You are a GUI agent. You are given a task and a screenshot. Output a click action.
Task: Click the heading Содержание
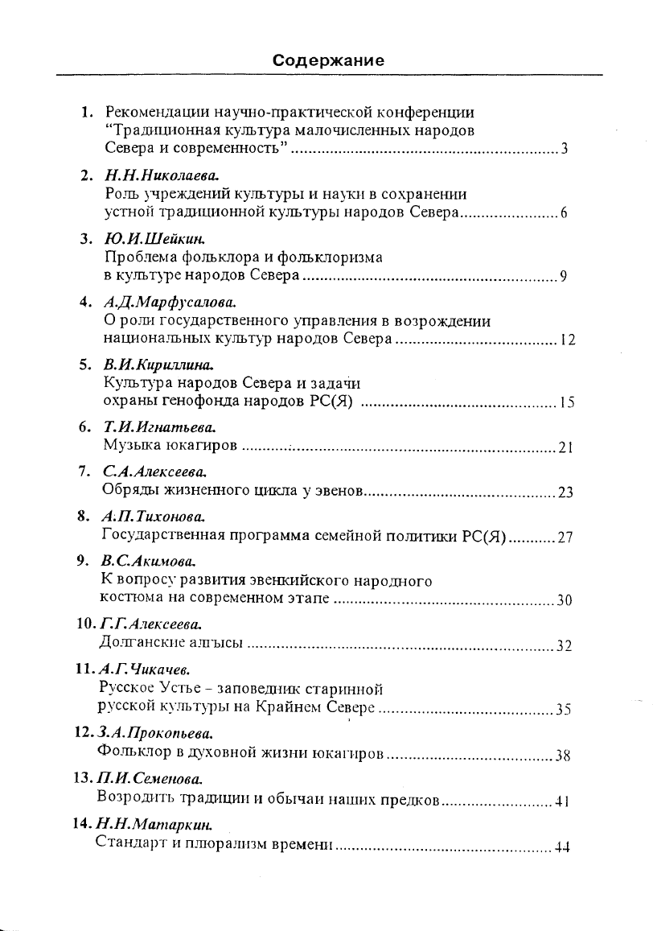pyautogui.click(x=327, y=60)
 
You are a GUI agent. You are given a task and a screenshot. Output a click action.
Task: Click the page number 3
pyautogui.click(x=565, y=150)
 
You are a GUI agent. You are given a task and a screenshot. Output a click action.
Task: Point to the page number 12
pyautogui.click(x=567, y=341)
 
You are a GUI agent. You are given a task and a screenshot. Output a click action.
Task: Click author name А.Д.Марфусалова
pyautogui.click(x=170, y=303)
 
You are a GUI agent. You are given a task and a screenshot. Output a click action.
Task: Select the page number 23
pyautogui.click(x=565, y=492)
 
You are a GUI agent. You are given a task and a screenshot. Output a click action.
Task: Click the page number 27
pyautogui.click(x=565, y=538)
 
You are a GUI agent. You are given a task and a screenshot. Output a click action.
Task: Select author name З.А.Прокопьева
pyautogui.click(x=156, y=734)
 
